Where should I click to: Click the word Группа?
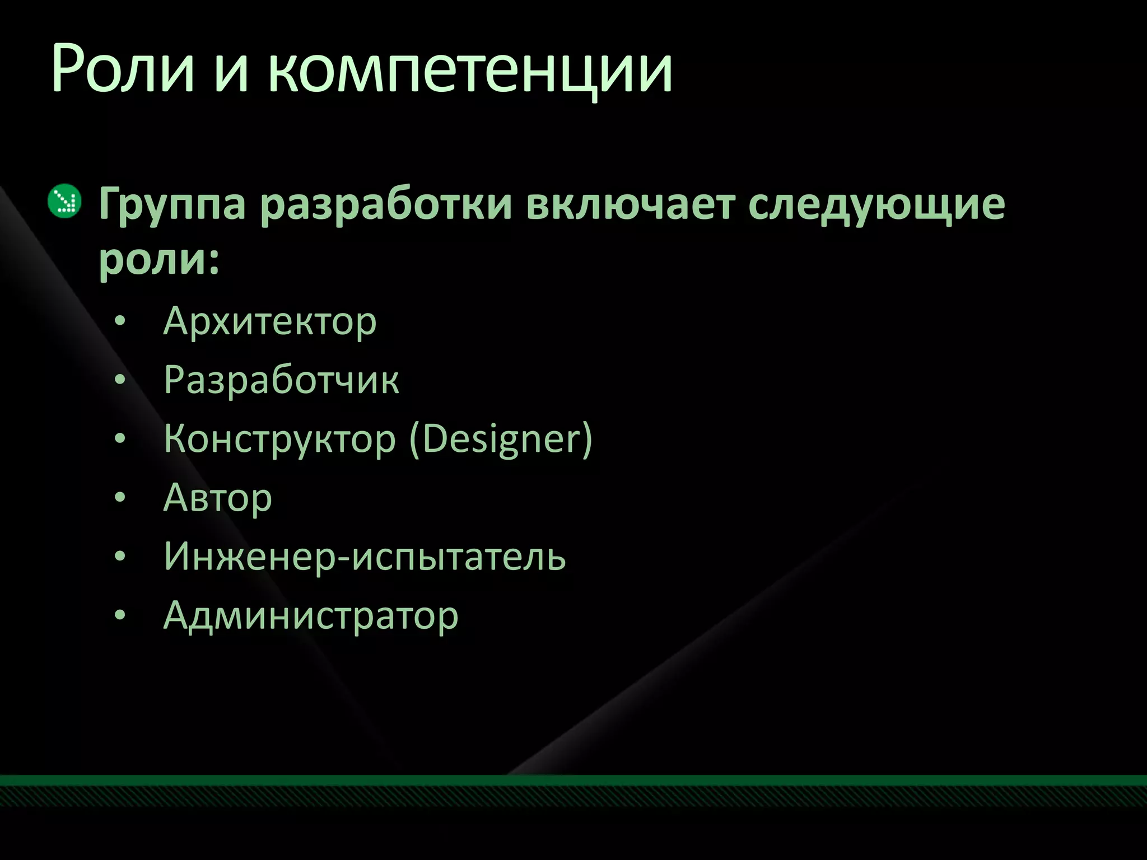pos(172,204)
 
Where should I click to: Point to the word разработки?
pos(386,204)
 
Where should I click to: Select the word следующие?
pos(876,204)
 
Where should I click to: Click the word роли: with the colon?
pos(159,260)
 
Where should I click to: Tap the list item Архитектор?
pos(270,322)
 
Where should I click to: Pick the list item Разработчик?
pos(281,381)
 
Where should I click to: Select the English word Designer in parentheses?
pos(501,440)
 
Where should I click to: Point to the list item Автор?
pos(217,498)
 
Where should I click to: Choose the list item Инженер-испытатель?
pos(365,557)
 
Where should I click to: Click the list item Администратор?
pos(311,616)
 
